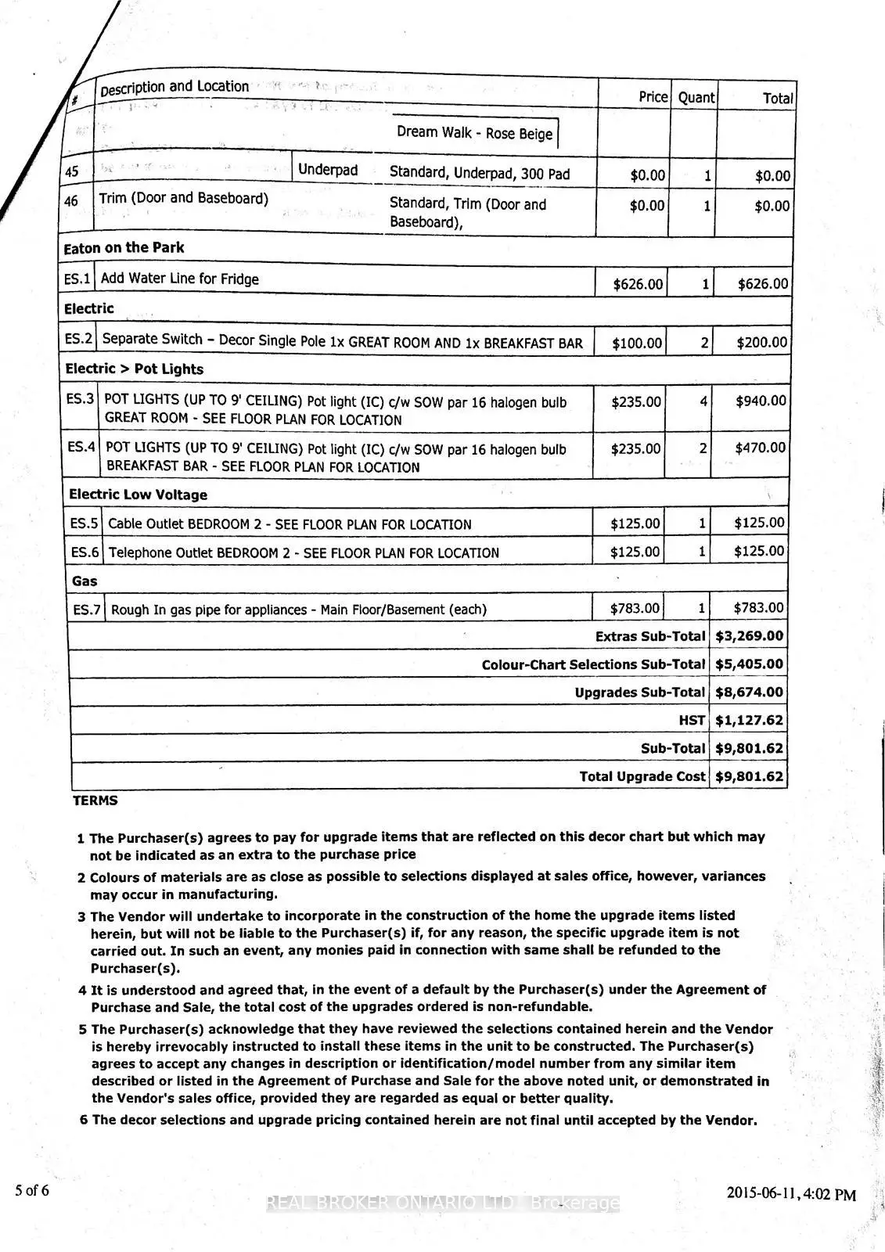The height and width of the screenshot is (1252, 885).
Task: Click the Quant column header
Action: [x=696, y=98]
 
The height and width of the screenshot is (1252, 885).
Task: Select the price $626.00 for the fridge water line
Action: [x=638, y=284]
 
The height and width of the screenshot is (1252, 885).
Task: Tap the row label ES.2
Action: [x=79, y=339]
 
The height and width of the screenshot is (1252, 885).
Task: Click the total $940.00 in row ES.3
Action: [x=761, y=401]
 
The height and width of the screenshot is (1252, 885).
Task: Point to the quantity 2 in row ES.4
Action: [x=703, y=448]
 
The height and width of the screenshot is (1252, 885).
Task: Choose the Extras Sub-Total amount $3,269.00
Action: [x=749, y=636]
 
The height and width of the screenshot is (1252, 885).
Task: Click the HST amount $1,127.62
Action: [x=749, y=720]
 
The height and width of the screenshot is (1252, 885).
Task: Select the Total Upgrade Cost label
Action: [x=642, y=776]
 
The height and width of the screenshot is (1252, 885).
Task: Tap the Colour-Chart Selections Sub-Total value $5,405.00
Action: [x=749, y=664]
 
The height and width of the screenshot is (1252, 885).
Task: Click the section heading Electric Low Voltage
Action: [x=139, y=495]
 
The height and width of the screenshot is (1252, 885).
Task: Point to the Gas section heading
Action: [x=85, y=581]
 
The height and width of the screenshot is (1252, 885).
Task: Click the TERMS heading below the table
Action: [x=95, y=800]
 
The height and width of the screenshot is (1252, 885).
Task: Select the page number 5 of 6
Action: [x=32, y=1191]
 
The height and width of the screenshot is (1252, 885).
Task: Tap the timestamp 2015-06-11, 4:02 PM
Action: [x=791, y=1194]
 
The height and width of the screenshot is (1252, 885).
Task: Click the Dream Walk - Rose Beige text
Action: [x=474, y=133]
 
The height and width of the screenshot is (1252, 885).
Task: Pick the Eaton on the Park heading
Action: [x=124, y=248]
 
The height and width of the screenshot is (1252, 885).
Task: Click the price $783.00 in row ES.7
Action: [x=635, y=608]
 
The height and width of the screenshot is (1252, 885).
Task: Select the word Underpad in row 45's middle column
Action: [x=328, y=171]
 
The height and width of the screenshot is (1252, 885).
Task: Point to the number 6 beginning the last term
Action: [x=85, y=1120]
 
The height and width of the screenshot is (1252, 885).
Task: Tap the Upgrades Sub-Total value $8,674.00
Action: [x=749, y=693]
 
